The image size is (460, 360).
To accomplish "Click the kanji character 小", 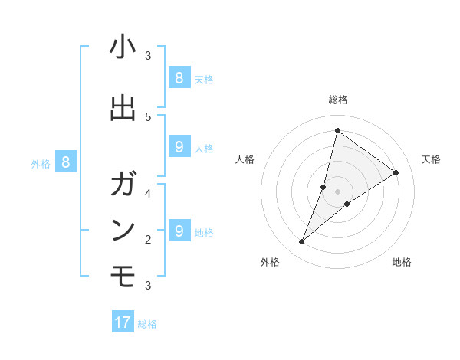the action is pos(123,47).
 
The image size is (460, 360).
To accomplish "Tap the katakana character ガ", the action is pos(123,185).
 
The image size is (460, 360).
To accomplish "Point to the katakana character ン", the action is pos(123,229).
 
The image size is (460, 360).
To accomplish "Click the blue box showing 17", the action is pos(123,322).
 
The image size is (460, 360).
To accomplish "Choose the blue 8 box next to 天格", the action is pos(179,77).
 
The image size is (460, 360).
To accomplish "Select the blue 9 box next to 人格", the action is pos(179,146).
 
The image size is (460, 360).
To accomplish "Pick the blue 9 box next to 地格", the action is pos(179,231).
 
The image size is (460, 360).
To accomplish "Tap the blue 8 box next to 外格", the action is pos(66,162).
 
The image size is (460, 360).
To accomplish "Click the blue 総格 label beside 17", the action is pos(147,324).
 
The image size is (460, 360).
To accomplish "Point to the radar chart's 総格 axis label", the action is pos(338,100).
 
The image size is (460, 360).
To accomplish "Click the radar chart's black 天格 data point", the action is pos(396,173).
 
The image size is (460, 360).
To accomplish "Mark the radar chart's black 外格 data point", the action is pos(302,242).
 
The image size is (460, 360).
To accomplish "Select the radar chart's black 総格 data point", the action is pos(337,130).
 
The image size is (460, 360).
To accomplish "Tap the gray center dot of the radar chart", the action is pos(337,191).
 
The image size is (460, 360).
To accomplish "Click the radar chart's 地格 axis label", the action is pos(402,263).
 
